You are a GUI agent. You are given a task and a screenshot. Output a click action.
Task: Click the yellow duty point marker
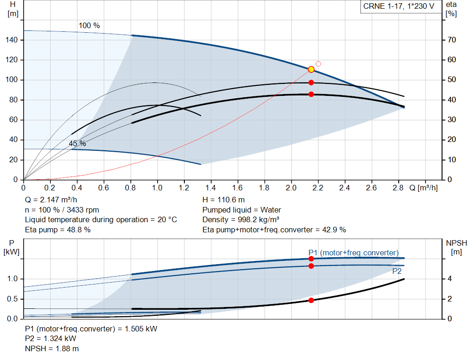pos(311,70)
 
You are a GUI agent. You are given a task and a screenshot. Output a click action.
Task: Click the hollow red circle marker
pos(318,64)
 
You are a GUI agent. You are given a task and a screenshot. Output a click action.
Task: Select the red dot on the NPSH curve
pos(311,300)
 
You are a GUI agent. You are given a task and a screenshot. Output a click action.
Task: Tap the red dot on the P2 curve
pos(311,266)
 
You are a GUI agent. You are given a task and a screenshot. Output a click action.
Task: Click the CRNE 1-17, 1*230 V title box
pos(399,6)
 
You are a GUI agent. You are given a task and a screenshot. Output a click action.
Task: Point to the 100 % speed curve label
pos(89,26)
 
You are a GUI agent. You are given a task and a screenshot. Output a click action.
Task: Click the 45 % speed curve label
pos(77,143)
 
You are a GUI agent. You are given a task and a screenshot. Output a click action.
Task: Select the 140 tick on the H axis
pos(12,40)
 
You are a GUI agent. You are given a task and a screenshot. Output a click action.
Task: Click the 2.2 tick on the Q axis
pos(318,188)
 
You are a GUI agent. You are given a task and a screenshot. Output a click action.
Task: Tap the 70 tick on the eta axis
pos(452,40)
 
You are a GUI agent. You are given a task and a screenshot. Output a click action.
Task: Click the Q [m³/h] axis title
pos(424,188)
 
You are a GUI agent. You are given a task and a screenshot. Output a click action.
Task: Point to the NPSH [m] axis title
pos(456,248)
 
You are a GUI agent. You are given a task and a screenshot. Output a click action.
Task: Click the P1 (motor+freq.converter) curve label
pos(354,253)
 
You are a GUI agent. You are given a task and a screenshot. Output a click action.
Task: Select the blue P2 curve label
pos(397,271)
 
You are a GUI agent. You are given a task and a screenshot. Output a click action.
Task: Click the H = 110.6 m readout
pos(224,200)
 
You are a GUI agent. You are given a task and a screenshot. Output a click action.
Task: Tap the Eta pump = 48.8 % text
pos(58,230)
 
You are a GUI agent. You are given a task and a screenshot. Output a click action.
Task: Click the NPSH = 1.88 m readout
pos(52,348)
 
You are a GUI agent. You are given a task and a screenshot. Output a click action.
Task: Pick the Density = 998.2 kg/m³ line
pos(241,220)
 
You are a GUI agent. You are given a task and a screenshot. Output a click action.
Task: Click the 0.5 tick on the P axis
pos(12,299)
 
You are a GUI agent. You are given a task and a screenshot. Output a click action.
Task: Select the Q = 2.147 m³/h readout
pos(51,200)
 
